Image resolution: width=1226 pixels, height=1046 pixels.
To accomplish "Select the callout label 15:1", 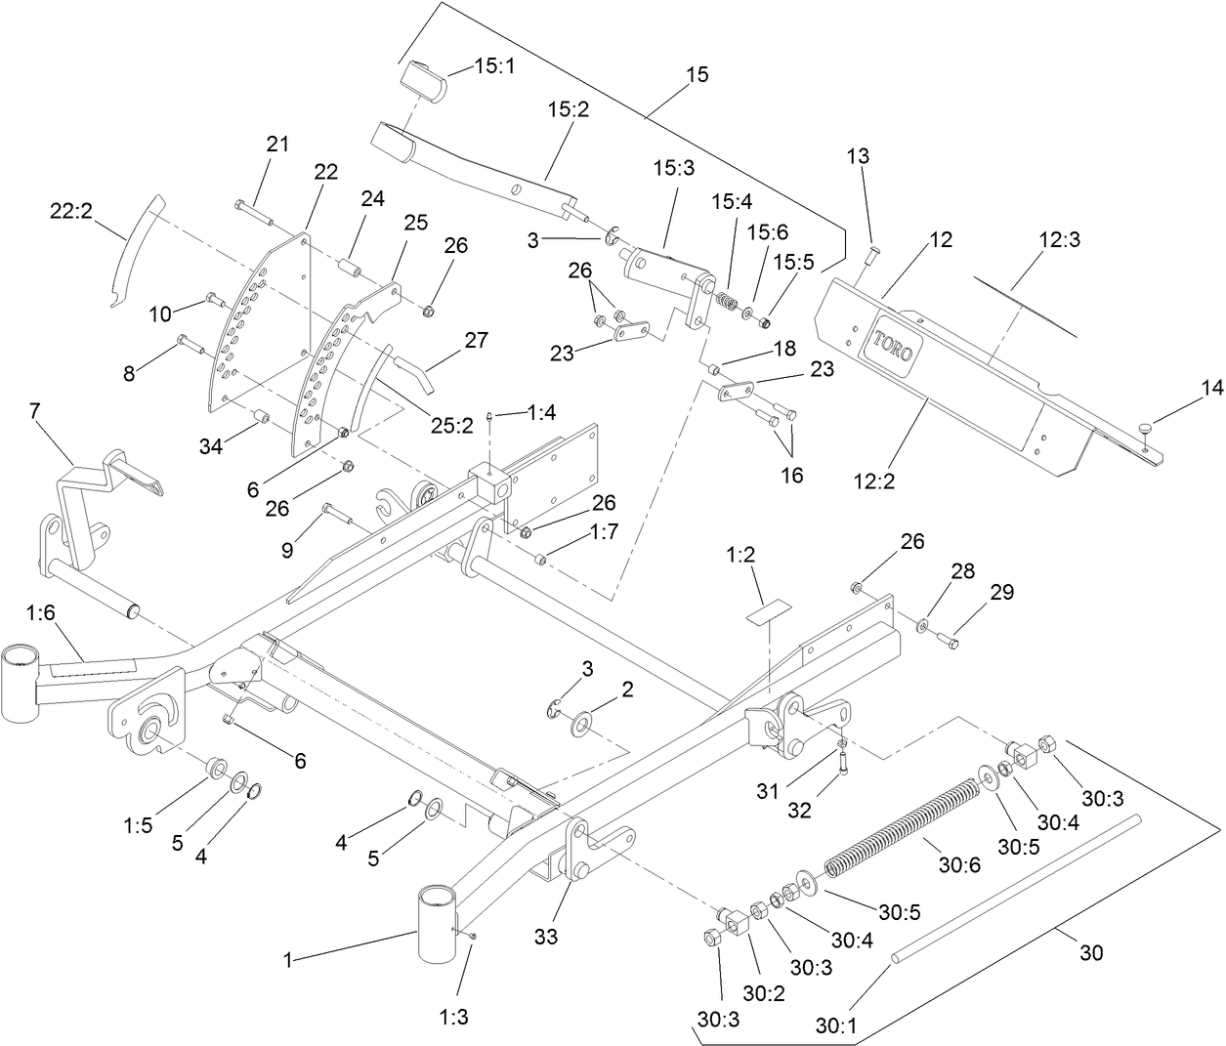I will [x=495, y=66].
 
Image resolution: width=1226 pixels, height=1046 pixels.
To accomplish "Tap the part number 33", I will [x=545, y=937].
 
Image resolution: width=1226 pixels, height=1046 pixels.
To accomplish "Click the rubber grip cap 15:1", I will [x=423, y=80].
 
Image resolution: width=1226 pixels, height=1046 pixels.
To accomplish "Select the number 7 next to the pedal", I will [x=35, y=411].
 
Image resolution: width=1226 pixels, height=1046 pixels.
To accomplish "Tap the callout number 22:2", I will [x=71, y=210].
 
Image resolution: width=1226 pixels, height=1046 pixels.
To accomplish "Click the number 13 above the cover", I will [x=857, y=156].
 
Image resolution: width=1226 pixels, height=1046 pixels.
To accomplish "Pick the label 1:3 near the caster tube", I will [x=453, y=1016].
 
